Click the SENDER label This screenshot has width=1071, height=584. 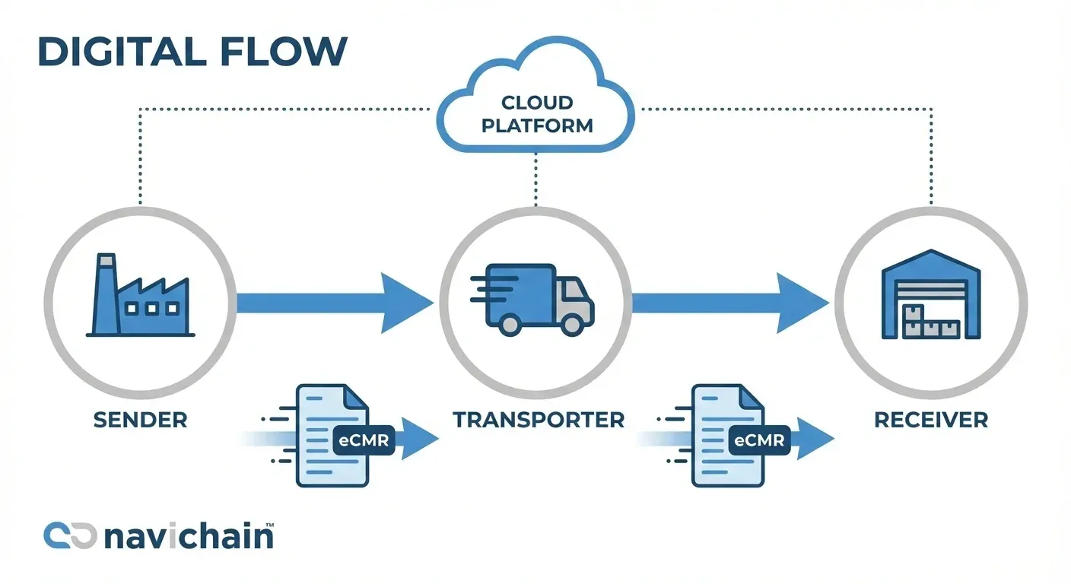[140, 420]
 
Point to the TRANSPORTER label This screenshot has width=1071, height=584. [539, 420]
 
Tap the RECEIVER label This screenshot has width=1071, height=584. [931, 420]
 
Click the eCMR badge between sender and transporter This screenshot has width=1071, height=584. [364, 439]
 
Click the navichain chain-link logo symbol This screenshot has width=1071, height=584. [69, 535]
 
